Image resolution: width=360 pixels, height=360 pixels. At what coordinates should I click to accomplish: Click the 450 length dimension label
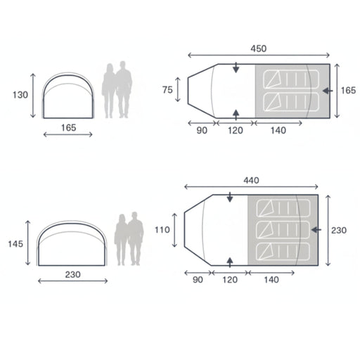[x=259, y=49]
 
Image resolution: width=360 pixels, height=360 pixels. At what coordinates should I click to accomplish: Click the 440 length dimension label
[x=251, y=180]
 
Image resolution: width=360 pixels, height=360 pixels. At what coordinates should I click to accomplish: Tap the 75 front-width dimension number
[x=167, y=90]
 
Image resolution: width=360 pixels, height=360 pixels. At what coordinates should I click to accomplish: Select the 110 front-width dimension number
[x=162, y=230]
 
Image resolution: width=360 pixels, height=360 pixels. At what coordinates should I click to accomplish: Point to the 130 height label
[x=20, y=95]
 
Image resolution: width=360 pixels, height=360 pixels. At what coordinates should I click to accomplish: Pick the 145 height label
[x=15, y=244]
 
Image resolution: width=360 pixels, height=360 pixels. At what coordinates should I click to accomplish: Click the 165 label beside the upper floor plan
[x=348, y=91]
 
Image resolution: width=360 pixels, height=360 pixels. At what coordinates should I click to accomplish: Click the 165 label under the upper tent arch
[x=68, y=128]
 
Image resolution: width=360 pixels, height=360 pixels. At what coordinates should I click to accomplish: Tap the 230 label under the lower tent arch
[x=72, y=274]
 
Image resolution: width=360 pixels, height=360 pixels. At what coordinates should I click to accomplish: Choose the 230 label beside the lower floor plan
[x=339, y=231]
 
